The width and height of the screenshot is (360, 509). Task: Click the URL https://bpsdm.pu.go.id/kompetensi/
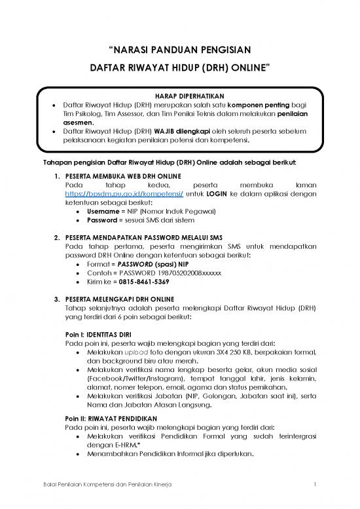[116, 195]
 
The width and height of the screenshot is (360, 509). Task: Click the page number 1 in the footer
[315, 485]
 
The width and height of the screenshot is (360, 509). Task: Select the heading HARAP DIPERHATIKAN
[179, 94]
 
